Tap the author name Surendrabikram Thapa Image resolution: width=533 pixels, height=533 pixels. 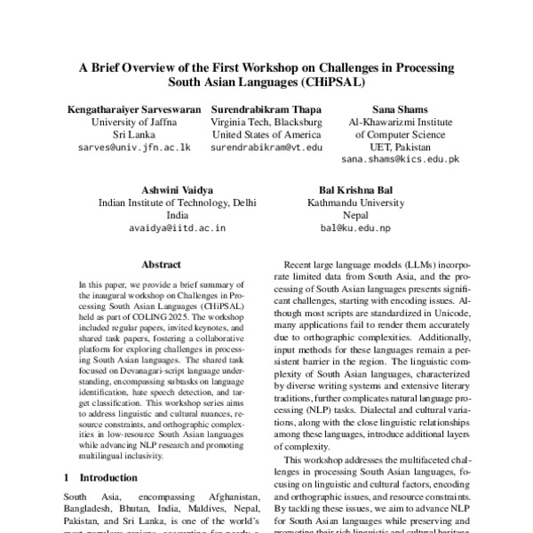tap(266, 108)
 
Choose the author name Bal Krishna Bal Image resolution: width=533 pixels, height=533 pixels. tap(355, 190)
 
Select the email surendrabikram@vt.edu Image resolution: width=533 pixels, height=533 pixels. tap(266, 147)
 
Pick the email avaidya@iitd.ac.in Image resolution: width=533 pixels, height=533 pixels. tap(178, 228)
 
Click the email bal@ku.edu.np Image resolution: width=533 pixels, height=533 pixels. tap(355, 228)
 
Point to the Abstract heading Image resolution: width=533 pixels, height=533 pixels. tap(161, 265)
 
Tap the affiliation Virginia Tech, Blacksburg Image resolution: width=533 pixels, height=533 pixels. tap(266, 122)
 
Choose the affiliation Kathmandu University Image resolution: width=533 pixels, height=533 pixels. tap(355, 203)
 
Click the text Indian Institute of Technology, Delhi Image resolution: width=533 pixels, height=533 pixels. tap(178, 203)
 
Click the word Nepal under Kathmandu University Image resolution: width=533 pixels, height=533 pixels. tap(355, 215)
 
